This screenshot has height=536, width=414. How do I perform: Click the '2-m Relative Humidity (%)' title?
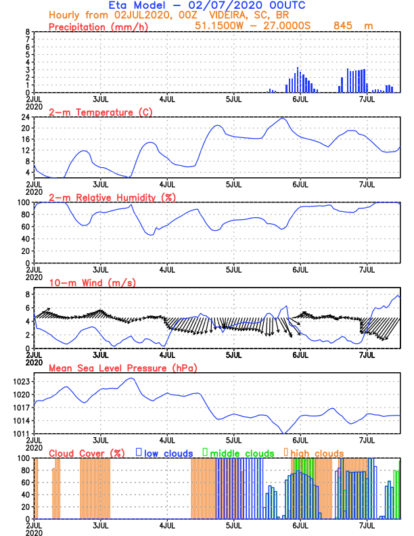pos(111,197)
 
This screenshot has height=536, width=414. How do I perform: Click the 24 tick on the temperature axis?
pos(26,117)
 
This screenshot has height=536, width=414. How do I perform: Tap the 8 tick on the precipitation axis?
pos(28,32)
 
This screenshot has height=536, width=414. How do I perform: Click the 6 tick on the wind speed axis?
pos(28,308)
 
